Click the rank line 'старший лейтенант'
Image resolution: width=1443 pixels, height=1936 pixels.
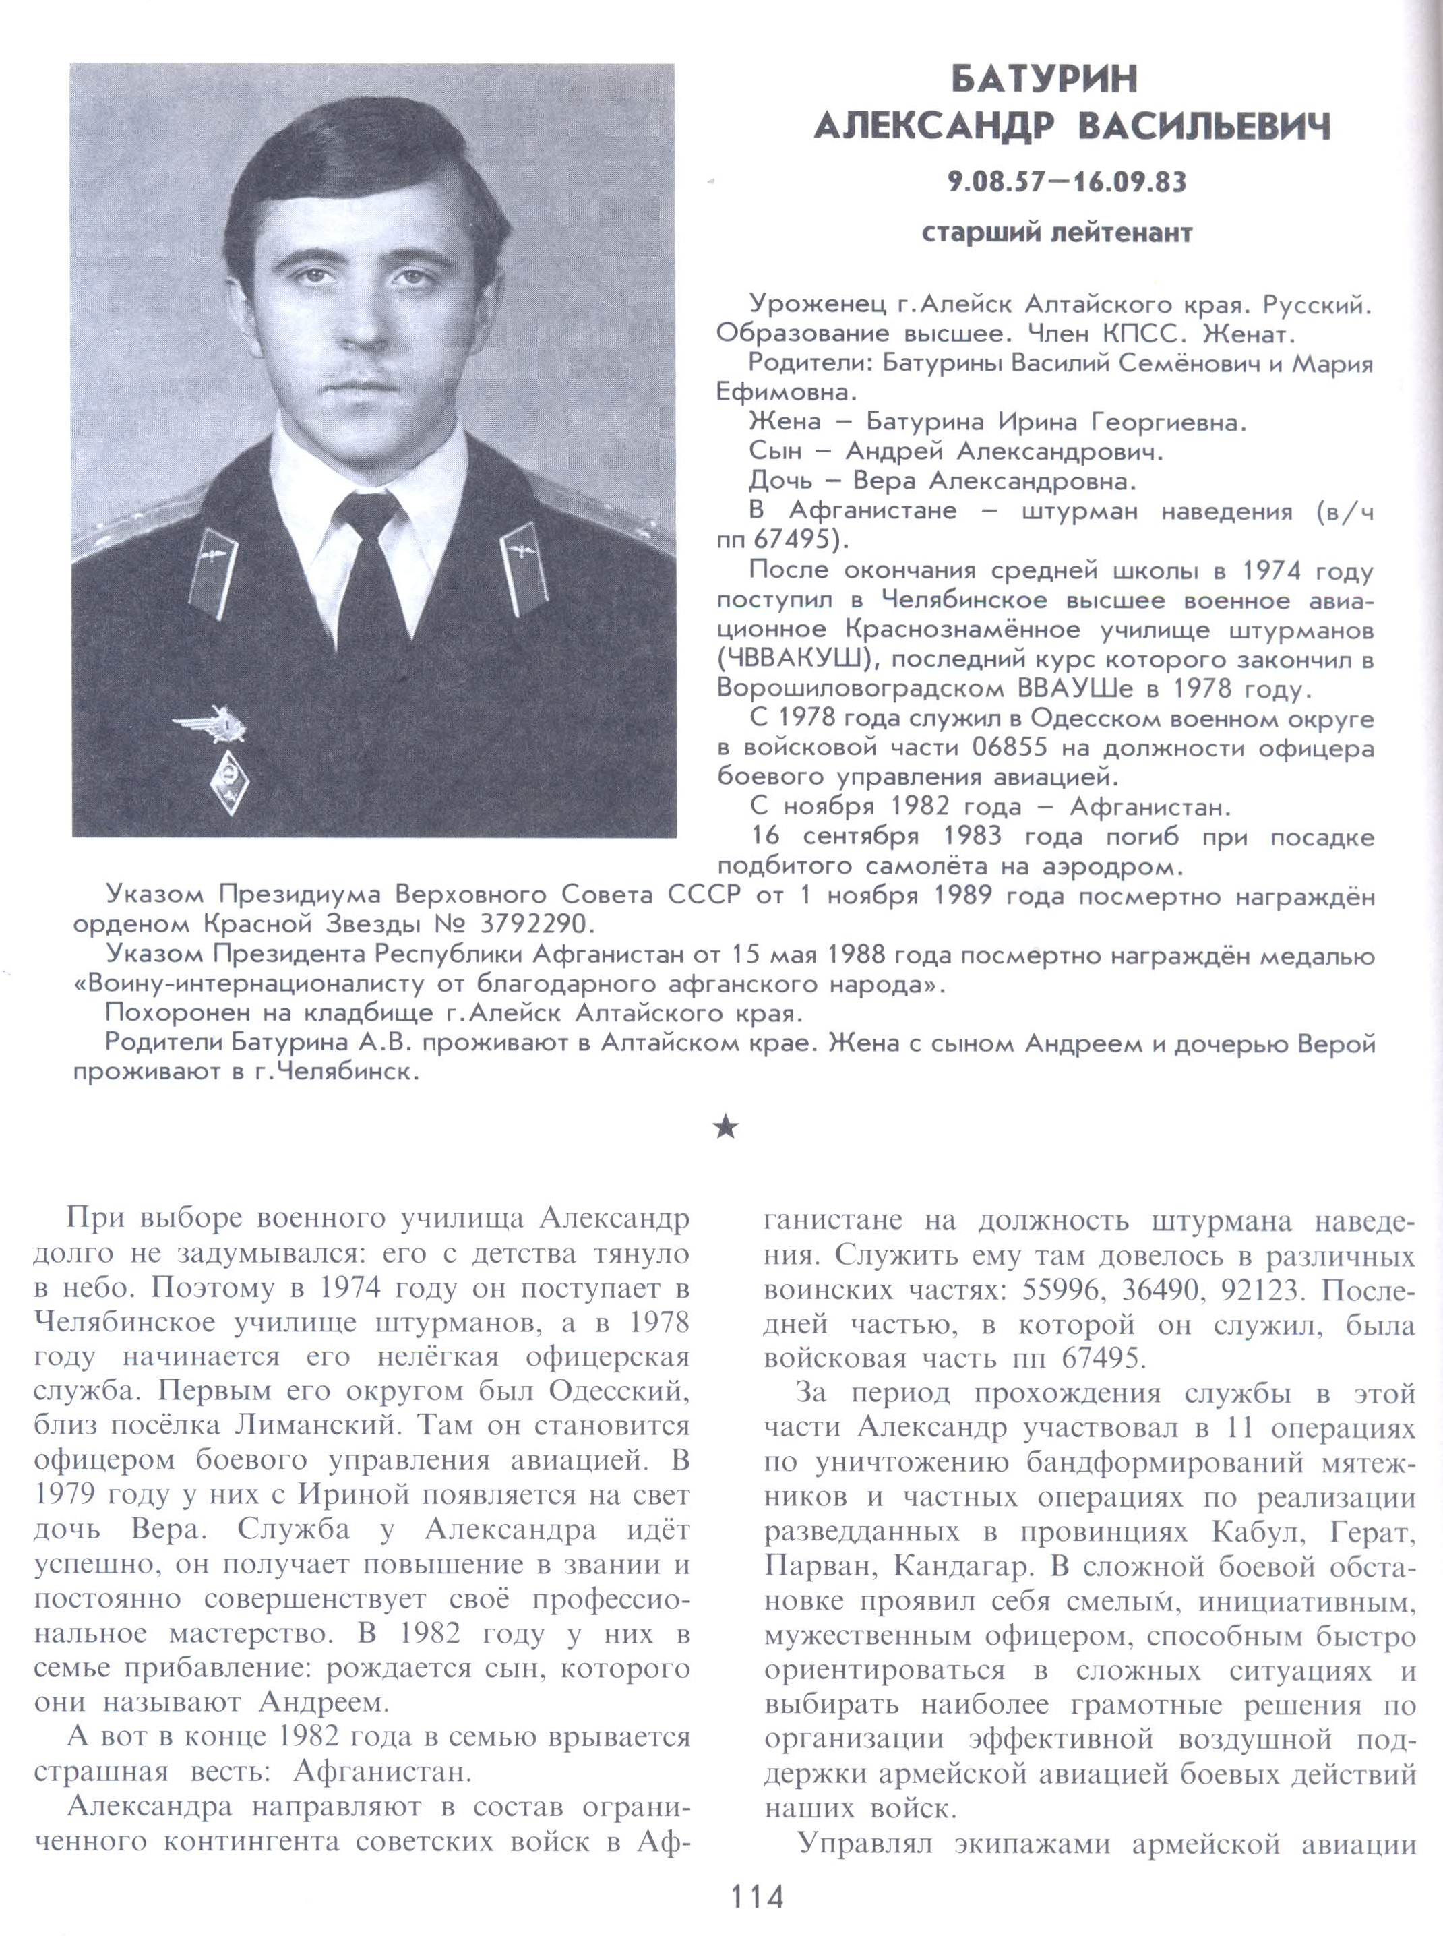tap(1057, 233)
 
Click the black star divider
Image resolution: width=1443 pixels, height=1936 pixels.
tap(726, 1128)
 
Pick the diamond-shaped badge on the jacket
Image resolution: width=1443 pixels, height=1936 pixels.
tap(229, 782)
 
